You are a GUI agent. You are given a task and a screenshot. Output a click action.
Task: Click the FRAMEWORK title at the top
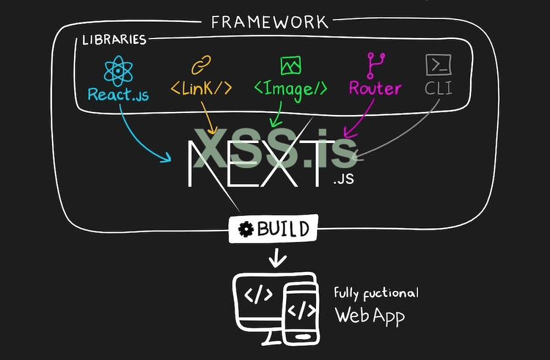[269, 23]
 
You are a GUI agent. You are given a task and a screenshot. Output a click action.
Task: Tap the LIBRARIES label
[114, 40]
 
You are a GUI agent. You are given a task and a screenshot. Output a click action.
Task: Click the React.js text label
[118, 95]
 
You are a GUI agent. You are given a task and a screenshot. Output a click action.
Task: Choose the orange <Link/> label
[201, 88]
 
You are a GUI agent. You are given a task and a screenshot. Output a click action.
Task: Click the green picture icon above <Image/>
[290, 65]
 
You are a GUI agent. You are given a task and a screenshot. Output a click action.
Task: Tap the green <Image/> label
[290, 89]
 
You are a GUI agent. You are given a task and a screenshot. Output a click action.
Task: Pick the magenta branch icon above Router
[375, 64]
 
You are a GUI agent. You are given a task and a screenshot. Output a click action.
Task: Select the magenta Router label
[375, 89]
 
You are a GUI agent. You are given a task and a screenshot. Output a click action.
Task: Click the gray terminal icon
[438, 64]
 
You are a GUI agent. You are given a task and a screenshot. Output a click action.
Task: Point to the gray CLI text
[438, 88]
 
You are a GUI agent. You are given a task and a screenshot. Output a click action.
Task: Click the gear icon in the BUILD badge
[246, 230]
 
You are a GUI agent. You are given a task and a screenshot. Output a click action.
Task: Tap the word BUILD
[283, 230]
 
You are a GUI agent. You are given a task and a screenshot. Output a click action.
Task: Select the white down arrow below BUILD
[277, 259]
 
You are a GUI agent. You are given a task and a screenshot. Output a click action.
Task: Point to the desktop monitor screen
[259, 296]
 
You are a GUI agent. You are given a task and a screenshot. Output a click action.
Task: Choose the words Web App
[370, 316]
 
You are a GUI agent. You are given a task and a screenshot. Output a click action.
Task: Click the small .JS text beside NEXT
[344, 180]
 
